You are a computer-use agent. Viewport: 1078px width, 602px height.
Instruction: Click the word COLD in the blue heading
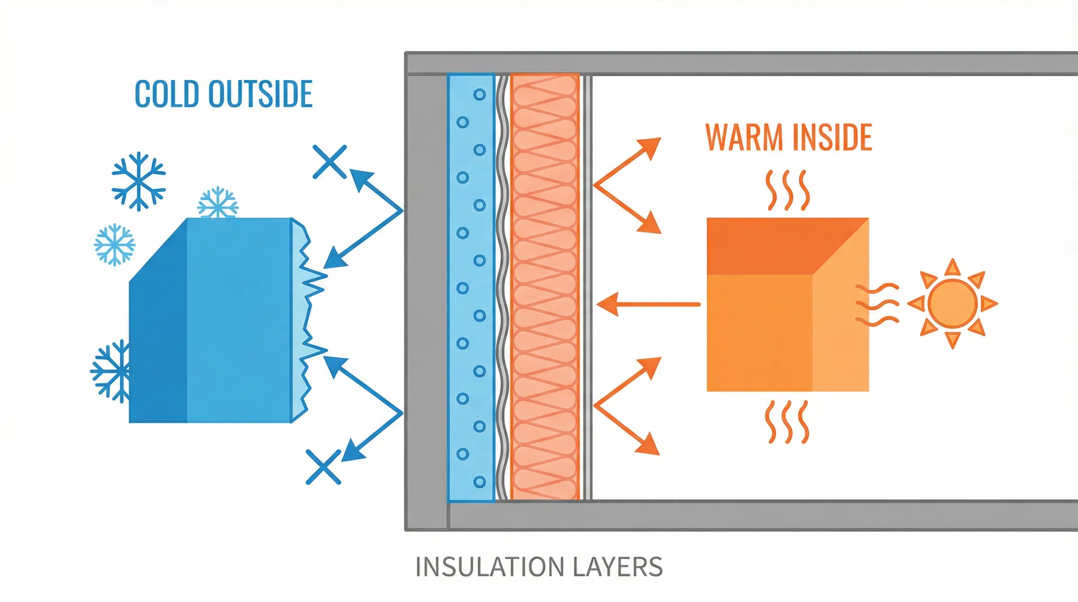tap(167, 94)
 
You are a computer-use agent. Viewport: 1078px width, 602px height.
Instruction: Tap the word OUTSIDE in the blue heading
tap(260, 94)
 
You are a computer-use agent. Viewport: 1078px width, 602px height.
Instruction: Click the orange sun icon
tap(952, 303)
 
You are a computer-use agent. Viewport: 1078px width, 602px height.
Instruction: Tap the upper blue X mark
tap(330, 162)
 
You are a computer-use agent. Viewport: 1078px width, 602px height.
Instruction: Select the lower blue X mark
tap(323, 467)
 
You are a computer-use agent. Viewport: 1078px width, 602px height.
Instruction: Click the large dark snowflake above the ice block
tap(138, 181)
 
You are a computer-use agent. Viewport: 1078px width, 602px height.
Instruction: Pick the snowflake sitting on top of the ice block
tap(218, 203)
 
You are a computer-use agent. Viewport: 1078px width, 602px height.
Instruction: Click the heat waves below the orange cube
tap(787, 422)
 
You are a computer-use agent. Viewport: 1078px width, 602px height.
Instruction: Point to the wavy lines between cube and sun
tap(876, 304)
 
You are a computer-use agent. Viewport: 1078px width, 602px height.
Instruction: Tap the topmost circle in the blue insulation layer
tap(479, 94)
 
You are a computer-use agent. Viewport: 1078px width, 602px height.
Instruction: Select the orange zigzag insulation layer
tap(544, 286)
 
